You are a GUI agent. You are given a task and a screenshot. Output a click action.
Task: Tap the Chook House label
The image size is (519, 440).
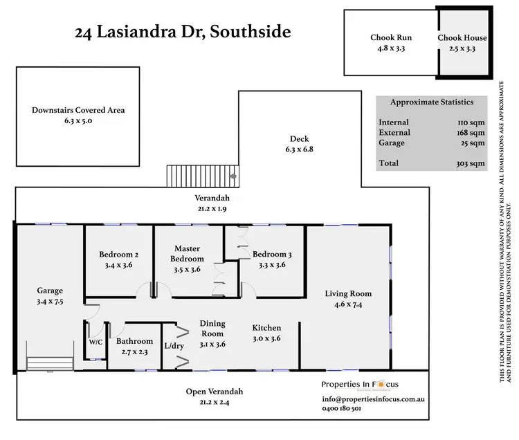click(462, 38)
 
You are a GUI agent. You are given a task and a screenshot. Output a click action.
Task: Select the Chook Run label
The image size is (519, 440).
click(390, 38)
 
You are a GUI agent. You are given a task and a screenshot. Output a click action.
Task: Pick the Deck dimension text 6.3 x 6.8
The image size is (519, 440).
click(300, 149)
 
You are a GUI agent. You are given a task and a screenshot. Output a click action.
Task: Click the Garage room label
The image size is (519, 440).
click(50, 291)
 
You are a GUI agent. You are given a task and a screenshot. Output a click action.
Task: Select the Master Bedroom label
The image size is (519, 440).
click(187, 254)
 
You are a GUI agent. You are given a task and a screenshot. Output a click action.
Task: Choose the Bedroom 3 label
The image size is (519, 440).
click(271, 254)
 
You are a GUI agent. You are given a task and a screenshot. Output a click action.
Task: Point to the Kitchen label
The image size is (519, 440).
click(266, 327)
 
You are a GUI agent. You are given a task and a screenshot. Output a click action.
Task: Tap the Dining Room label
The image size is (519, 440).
click(212, 328)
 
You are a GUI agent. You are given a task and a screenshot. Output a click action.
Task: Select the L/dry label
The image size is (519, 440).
click(173, 345)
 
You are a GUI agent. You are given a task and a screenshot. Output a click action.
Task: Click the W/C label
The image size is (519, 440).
click(95, 341)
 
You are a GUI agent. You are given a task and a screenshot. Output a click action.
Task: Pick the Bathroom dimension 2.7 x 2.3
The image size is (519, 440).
click(135, 351)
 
